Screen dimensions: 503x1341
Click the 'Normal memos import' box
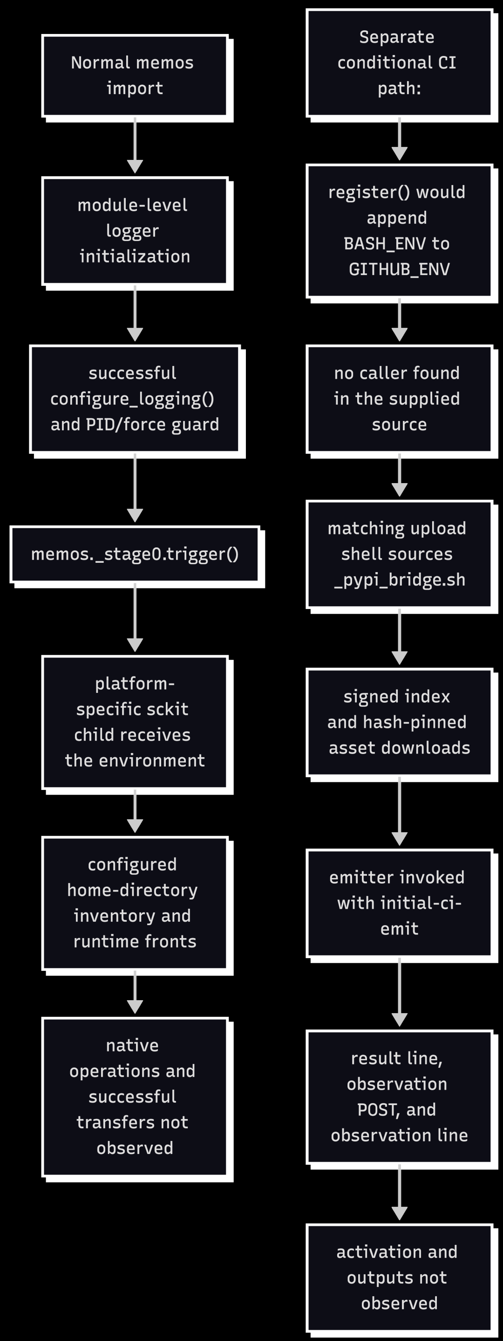(x=135, y=76)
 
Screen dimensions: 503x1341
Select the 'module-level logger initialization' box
(x=135, y=231)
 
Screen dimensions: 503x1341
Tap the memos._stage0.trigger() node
(x=135, y=554)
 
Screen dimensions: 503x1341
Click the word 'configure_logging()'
(x=132, y=399)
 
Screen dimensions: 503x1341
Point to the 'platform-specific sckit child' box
(x=135, y=722)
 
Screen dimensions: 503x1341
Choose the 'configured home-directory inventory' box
(x=135, y=903)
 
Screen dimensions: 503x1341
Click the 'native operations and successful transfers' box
(x=135, y=1097)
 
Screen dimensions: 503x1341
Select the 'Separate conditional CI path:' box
(x=399, y=62)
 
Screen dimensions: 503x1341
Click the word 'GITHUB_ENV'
(x=399, y=269)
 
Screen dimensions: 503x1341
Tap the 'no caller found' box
(x=399, y=399)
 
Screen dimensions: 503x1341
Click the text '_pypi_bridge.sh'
(x=399, y=580)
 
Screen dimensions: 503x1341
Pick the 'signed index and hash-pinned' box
(x=399, y=722)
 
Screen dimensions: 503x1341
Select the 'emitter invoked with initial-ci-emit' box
(x=399, y=903)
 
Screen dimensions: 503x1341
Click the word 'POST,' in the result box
(x=370, y=1110)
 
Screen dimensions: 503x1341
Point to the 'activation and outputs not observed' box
(x=399, y=1278)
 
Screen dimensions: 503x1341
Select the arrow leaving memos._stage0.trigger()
(x=135, y=617)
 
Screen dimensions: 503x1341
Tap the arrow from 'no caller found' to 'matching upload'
(x=399, y=475)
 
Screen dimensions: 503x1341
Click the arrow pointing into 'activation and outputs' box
(x=399, y=1193)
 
